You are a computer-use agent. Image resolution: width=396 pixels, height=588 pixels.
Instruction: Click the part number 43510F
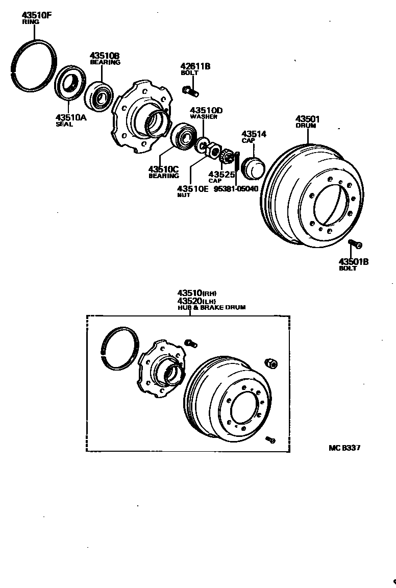tap(36, 15)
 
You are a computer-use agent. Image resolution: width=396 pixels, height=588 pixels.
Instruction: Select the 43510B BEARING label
tap(105, 58)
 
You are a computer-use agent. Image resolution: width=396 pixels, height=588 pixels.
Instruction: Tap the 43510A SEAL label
tap(71, 120)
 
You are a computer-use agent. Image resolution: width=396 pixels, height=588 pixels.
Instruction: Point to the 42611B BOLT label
tap(195, 69)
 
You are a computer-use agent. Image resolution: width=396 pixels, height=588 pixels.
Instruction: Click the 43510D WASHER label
tap(206, 113)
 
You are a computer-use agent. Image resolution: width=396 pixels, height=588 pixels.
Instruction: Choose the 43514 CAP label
tap(254, 136)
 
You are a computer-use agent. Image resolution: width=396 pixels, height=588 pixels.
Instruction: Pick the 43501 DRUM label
tap(308, 122)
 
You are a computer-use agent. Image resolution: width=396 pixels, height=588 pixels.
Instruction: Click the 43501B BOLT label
tap(353, 264)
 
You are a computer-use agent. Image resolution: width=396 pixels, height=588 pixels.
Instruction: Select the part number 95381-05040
tap(236, 188)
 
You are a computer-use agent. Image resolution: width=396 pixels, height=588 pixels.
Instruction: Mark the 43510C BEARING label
tap(163, 172)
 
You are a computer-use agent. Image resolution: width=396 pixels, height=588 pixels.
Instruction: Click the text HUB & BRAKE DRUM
tap(211, 308)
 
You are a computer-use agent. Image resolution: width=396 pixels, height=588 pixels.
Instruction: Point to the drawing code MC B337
tap(344, 448)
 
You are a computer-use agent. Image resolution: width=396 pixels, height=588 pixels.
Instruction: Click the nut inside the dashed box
tap(270, 363)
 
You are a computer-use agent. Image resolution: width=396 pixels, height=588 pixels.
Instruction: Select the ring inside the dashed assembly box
tap(120, 349)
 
